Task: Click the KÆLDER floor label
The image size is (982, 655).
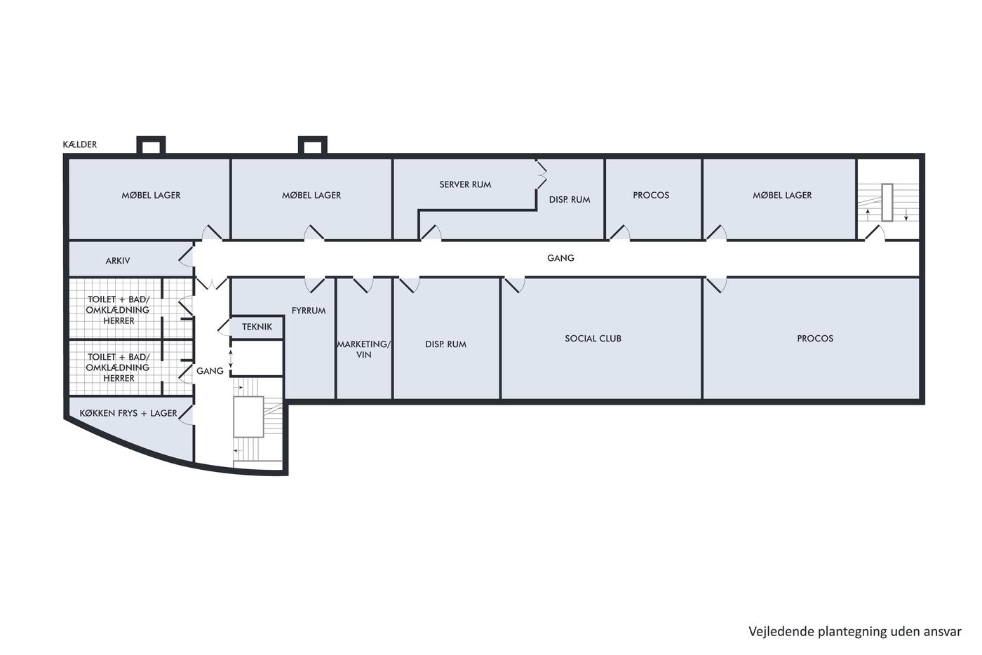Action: point(80,144)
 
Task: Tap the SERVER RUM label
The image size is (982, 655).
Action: point(465,184)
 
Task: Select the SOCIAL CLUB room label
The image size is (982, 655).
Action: point(593,339)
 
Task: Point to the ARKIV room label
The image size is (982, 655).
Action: point(118,261)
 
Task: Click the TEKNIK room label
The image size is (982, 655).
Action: point(257,327)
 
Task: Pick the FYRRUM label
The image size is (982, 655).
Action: point(309,311)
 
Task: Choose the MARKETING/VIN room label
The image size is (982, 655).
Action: point(363,349)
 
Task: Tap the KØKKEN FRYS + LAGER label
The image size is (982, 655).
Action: point(128,413)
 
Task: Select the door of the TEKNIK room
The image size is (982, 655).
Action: point(224,327)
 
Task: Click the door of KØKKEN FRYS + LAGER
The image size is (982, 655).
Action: point(186,414)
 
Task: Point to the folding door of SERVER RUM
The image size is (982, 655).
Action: point(542,175)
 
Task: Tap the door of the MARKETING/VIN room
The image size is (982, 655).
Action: point(363,285)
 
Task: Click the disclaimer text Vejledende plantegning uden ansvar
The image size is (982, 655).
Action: point(855,632)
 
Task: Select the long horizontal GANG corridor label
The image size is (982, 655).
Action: point(560,258)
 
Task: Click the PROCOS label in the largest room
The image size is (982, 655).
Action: point(815,339)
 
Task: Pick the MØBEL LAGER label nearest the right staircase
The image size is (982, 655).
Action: point(782,195)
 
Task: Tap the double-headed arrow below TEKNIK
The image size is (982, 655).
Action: point(231,359)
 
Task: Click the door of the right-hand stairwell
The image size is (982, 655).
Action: point(875,233)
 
